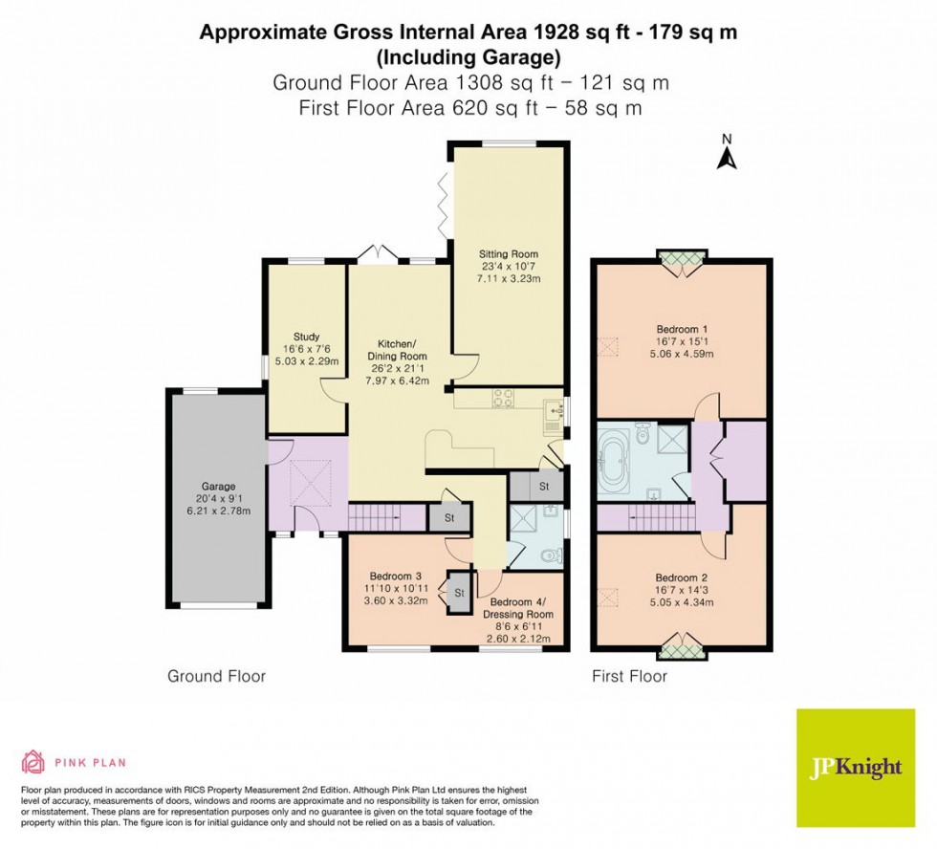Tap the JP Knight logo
855,768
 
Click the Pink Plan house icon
33,762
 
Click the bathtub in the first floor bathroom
612,460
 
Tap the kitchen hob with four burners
504,401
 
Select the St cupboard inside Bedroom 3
459,593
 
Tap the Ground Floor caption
216,676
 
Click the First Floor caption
628,676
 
